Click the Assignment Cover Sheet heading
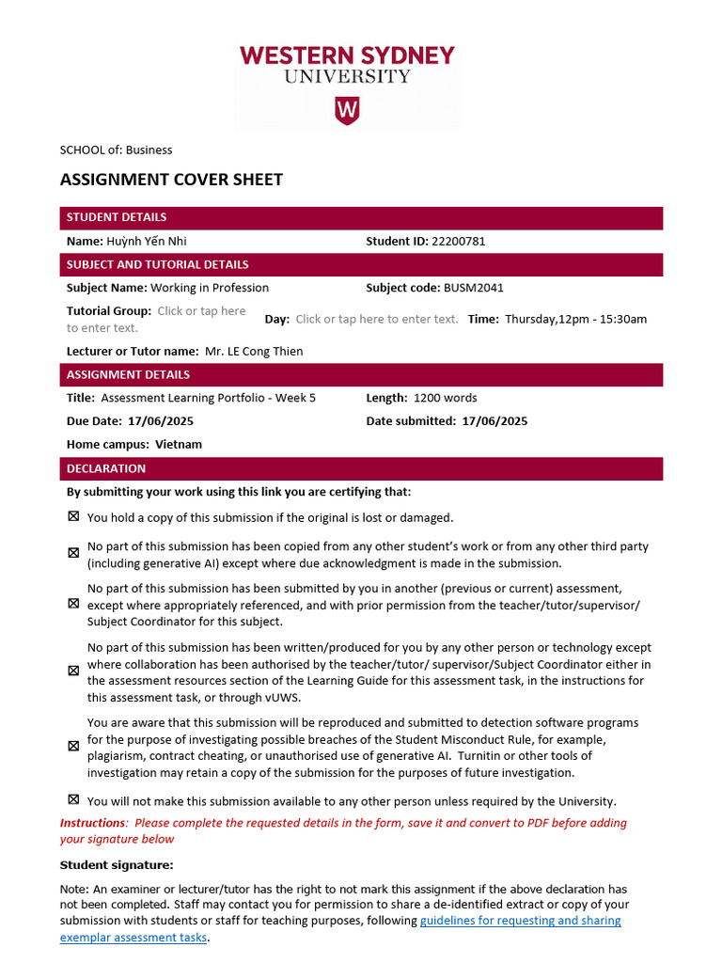(x=171, y=180)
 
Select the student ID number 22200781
(x=458, y=241)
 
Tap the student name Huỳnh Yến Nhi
(x=146, y=241)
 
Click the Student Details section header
(x=117, y=217)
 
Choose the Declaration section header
(x=106, y=468)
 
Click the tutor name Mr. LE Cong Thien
(x=254, y=351)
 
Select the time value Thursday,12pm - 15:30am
(x=575, y=319)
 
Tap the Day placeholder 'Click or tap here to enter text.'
(x=377, y=319)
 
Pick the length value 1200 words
(x=445, y=398)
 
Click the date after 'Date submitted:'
(x=494, y=420)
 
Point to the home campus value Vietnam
(x=179, y=444)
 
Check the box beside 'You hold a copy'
(x=73, y=516)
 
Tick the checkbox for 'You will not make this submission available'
(x=73, y=799)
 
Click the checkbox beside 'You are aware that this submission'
(x=73, y=746)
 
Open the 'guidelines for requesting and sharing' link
(x=520, y=921)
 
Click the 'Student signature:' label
(x=117, y=865)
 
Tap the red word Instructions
(x=92, y=823)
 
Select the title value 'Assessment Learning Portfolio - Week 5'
(x=208, y=398)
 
